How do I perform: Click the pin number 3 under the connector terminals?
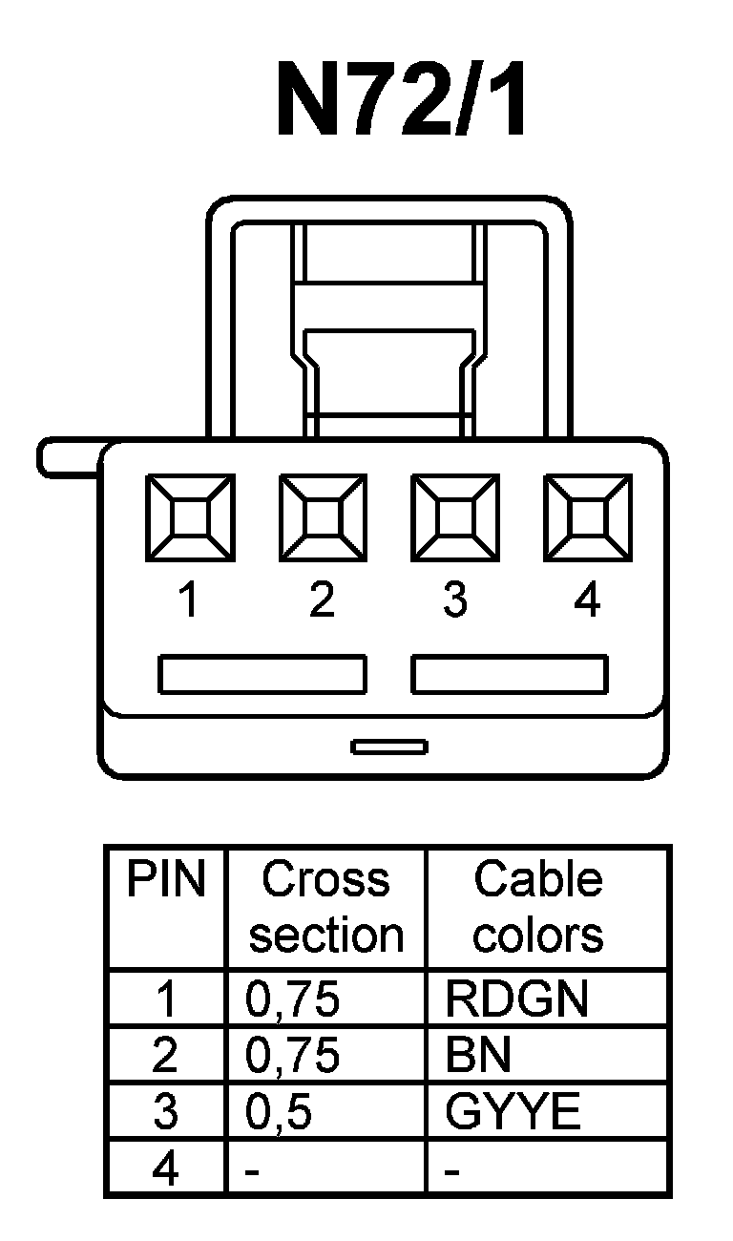pos(455,600)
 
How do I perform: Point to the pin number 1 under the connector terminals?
pos(189,600)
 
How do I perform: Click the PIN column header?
pos(166,880)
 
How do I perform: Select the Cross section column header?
pos(326,907)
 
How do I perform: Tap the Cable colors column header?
pos(538,907)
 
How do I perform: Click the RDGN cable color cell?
pos(516,999)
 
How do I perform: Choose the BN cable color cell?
pos(478,1056)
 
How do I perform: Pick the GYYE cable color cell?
pos(513,1112)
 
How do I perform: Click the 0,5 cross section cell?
pos(280,1113)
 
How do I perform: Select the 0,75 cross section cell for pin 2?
pos(292,1056)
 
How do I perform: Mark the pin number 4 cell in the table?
pos(165,1168)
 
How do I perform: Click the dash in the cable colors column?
pos(452,1170)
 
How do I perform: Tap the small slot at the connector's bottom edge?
pos(388,747)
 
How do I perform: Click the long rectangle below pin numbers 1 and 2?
pos(262,674)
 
